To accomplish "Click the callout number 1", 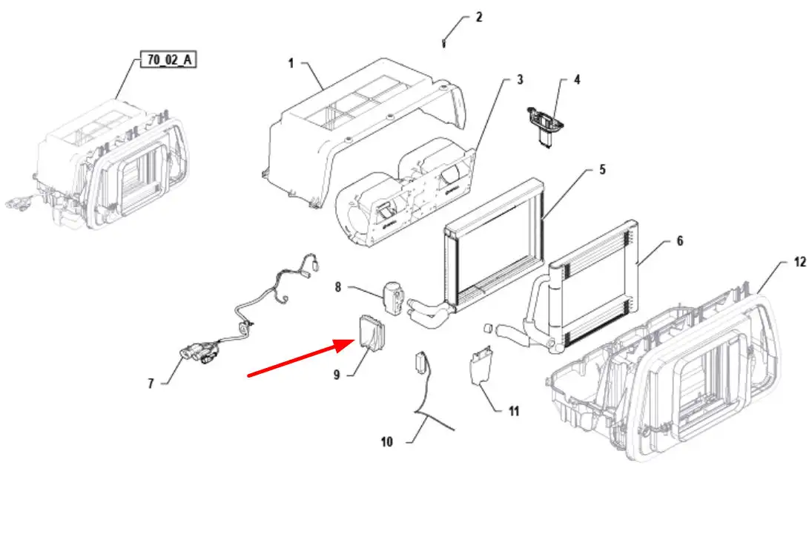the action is pyautogui.click(x=291, y=64).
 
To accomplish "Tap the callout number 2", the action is pyautogui.click(x=479, y=17).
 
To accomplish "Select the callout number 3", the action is pyautogui.click(x=520, y=79).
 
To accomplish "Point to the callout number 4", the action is pyautogui.click(x=577, y=79).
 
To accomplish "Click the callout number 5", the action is pyautogui.click(x=602, y=170).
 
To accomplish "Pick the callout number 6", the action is pyautogui.click(x=679, y=241).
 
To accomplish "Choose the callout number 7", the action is pyautogui.click(x=151, y=384).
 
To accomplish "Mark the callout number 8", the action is pyautogui.click(x=338, y=287).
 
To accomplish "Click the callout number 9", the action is pyautogui.click(x=337, y=375).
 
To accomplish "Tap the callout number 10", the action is pyautogui.click(x=387, y=441).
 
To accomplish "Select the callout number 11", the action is pyautogui.click(x=513, y=411).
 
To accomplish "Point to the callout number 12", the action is pyautogui.click(x=799, y=262).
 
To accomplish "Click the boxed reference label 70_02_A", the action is pyautogui.click(x=169, y=59).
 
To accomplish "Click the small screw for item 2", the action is pyautogui.click(x=443, y=42).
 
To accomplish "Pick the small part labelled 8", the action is pyautogui.click(x=392, y=297).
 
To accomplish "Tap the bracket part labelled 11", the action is pyautogui.click(x=480, y=366).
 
